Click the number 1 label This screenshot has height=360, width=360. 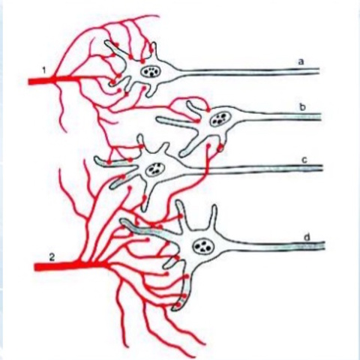point(44,70)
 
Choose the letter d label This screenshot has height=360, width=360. point(307,238)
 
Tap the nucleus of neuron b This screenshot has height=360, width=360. point(221,118)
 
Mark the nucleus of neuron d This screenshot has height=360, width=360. point(202,247)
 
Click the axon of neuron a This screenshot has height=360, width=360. point(247,72)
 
